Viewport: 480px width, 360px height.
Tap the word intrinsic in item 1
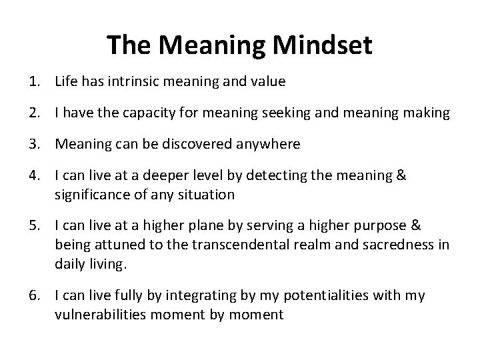coord(128,82)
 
